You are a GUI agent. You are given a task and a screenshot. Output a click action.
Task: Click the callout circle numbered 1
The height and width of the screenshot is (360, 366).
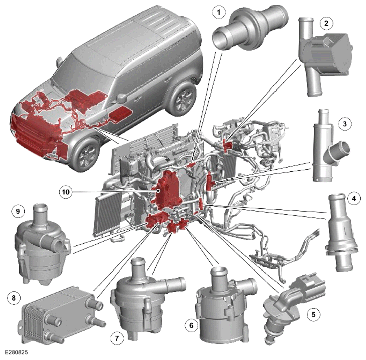219,12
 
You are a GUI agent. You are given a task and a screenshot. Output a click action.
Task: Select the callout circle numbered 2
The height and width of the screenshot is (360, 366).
326,23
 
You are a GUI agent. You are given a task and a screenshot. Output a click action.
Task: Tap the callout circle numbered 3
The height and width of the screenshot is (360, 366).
345,124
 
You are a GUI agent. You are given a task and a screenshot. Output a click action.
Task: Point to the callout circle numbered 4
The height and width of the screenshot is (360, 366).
354,199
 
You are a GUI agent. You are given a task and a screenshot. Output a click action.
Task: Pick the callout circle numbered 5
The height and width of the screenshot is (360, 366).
313,314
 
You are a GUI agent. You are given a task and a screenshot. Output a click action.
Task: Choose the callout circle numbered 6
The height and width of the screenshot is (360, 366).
191,325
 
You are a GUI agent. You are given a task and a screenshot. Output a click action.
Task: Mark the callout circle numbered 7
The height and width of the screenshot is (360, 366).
117,338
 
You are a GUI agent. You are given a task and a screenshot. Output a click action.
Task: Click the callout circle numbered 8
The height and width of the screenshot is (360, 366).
14,298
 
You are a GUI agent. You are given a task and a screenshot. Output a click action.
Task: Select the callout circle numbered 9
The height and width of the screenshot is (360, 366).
18,211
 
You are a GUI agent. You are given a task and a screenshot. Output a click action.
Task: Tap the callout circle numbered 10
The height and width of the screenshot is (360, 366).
66,192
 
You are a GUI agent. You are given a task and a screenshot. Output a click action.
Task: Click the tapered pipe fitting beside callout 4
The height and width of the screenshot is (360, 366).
341,232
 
